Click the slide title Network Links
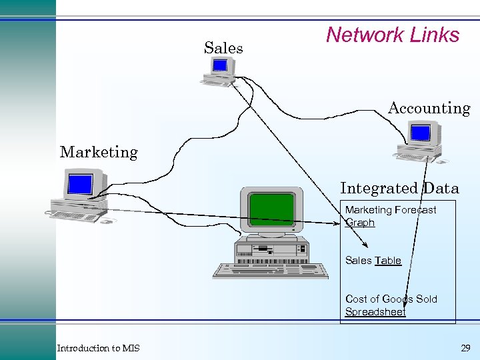(x=392, y=35)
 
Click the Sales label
(x=223, y=48)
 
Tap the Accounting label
(x=429, y=108)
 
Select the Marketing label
(x=99, y=152)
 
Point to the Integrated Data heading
(x=399, y=189)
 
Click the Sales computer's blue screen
(x=219, y=65)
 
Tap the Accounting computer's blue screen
(x=420, y=133)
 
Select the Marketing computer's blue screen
(x=80, y=183)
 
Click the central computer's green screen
(x=271, y=209)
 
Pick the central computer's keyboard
(x=271, y=271)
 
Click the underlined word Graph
(x=360, y=223)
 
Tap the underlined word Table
(x=388, y=261)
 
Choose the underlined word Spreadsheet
(x=375, y=311)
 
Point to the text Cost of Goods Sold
(x=391, y=299)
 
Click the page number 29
(x=465, y=348)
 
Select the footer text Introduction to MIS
(x=98, y=348)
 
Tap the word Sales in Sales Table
(x=359, y=261)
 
